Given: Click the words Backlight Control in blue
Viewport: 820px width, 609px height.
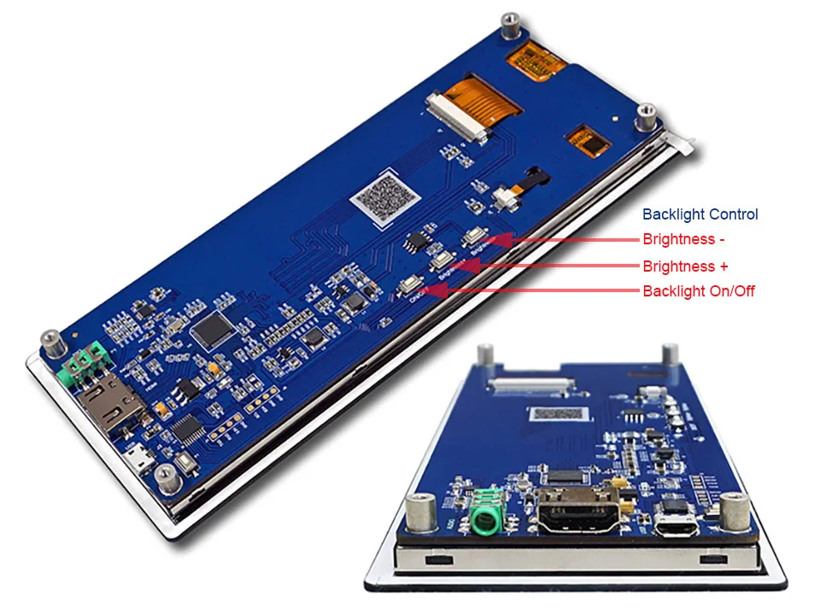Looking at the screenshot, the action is click(x=700, y=214).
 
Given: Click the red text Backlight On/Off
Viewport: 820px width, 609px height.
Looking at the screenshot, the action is click(x=698, y=291).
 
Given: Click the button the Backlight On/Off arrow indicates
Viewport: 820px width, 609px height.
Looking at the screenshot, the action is click(x=410, y=286).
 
